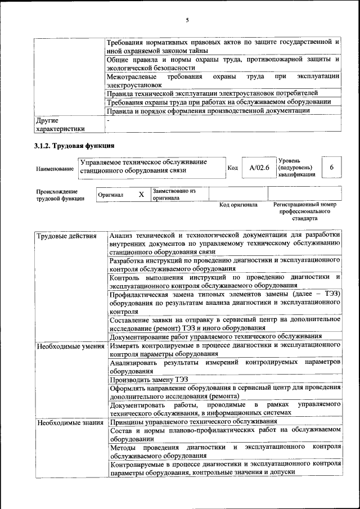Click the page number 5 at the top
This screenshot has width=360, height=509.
[x=187, y=21]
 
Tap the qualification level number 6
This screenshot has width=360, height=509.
[x=331, y=168]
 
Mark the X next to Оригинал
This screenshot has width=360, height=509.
[x=142, y=195]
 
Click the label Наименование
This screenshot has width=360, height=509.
[x=55, y=168]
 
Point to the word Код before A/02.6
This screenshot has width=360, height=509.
[x=232, y=168]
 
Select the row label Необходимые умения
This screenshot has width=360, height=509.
[x=70, y=346]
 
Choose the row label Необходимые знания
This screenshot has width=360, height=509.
[x=70, y=422]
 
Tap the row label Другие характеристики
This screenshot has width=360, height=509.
[x=60, y=124]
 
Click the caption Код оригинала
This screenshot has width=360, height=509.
[x=238, y=205]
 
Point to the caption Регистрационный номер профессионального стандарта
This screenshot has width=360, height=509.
[x=304, y=211]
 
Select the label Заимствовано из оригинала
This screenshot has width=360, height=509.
[x=174, y=195]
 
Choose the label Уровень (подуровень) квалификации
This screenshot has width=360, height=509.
[x=296, y=168]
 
